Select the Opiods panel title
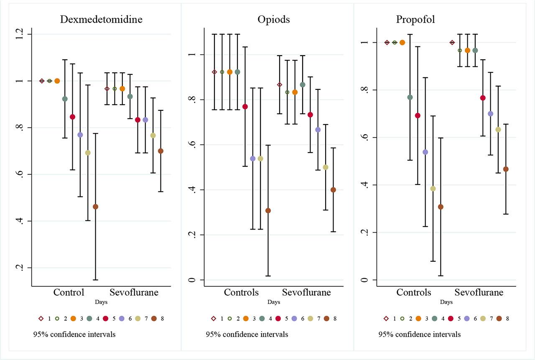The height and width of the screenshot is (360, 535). pos(274,20)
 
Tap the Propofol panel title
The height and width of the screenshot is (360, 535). pos(416,20)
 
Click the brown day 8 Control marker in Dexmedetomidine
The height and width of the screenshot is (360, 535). pos(95,207)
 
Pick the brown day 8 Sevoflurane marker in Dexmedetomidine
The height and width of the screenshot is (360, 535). pos(161,151)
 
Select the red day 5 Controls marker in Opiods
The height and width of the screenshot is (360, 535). pos(245,107)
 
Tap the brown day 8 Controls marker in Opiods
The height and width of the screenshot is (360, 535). pos(268,210)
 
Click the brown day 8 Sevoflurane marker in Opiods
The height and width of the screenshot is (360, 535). pos(333,190)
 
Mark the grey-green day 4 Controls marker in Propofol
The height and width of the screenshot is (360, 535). pos(410,97)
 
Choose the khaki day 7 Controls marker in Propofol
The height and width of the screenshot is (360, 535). pos(433,189)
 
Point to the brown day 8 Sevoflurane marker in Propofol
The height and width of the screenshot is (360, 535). pos(506,169)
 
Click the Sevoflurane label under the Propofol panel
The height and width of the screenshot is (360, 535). pos(479,292)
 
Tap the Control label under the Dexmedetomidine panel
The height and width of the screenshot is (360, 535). pos(69,292)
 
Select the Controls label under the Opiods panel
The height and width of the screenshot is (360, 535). pos(241,292)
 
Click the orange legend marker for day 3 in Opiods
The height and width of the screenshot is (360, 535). pos(246,319)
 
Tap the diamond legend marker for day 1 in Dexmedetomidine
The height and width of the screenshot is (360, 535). pos(41,319)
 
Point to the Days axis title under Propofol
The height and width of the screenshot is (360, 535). pos(446,302)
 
